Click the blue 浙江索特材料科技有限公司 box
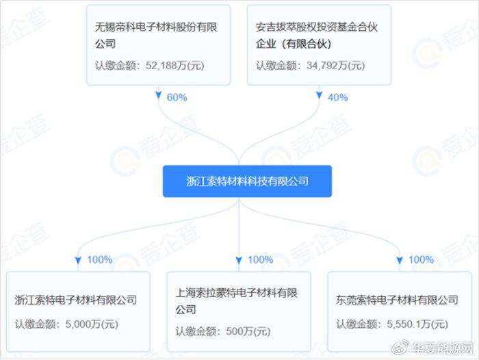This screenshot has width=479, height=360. (x=247, y=181)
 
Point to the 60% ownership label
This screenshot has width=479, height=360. (x=177, y=97)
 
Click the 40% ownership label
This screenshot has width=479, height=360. (x=338, y=97)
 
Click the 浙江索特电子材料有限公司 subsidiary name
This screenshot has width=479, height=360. (x=76, y=300)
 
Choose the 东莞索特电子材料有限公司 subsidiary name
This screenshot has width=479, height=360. (x=398, y=300)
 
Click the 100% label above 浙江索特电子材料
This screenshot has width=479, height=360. (x=100, y=260)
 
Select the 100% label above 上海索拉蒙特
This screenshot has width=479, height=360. (x=260, y=260)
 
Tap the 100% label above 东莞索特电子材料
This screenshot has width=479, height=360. (x=421, y=260)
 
